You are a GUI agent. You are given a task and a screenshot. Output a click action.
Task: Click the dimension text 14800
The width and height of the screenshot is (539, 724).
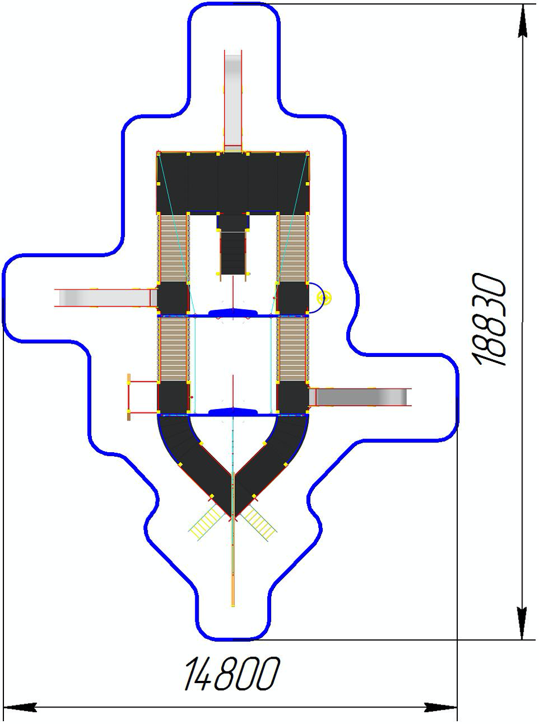(232, 673)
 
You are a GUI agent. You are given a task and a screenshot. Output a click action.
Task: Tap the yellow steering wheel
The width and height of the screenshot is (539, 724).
(325, 297)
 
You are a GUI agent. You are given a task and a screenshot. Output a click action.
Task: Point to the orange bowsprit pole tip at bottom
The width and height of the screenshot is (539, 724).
(233, 606)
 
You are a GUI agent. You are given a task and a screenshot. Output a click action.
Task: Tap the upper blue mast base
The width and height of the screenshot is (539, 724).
(233, 313)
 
